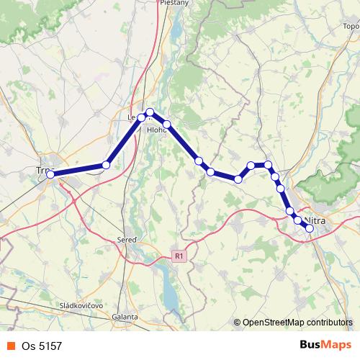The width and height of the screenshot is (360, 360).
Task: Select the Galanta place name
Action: pos(125,316)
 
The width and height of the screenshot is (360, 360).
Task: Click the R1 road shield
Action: pos(179,256)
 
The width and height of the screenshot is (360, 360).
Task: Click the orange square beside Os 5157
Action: pos(11,346)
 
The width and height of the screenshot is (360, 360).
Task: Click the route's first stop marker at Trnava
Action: pos(50,174)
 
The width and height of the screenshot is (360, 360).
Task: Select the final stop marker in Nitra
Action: pos(310,228)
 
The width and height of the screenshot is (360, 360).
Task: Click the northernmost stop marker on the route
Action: pos(150,112)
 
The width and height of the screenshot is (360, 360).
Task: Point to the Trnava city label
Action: pos(45,170)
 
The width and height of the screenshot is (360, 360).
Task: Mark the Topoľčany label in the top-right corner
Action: pos(351,26)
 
